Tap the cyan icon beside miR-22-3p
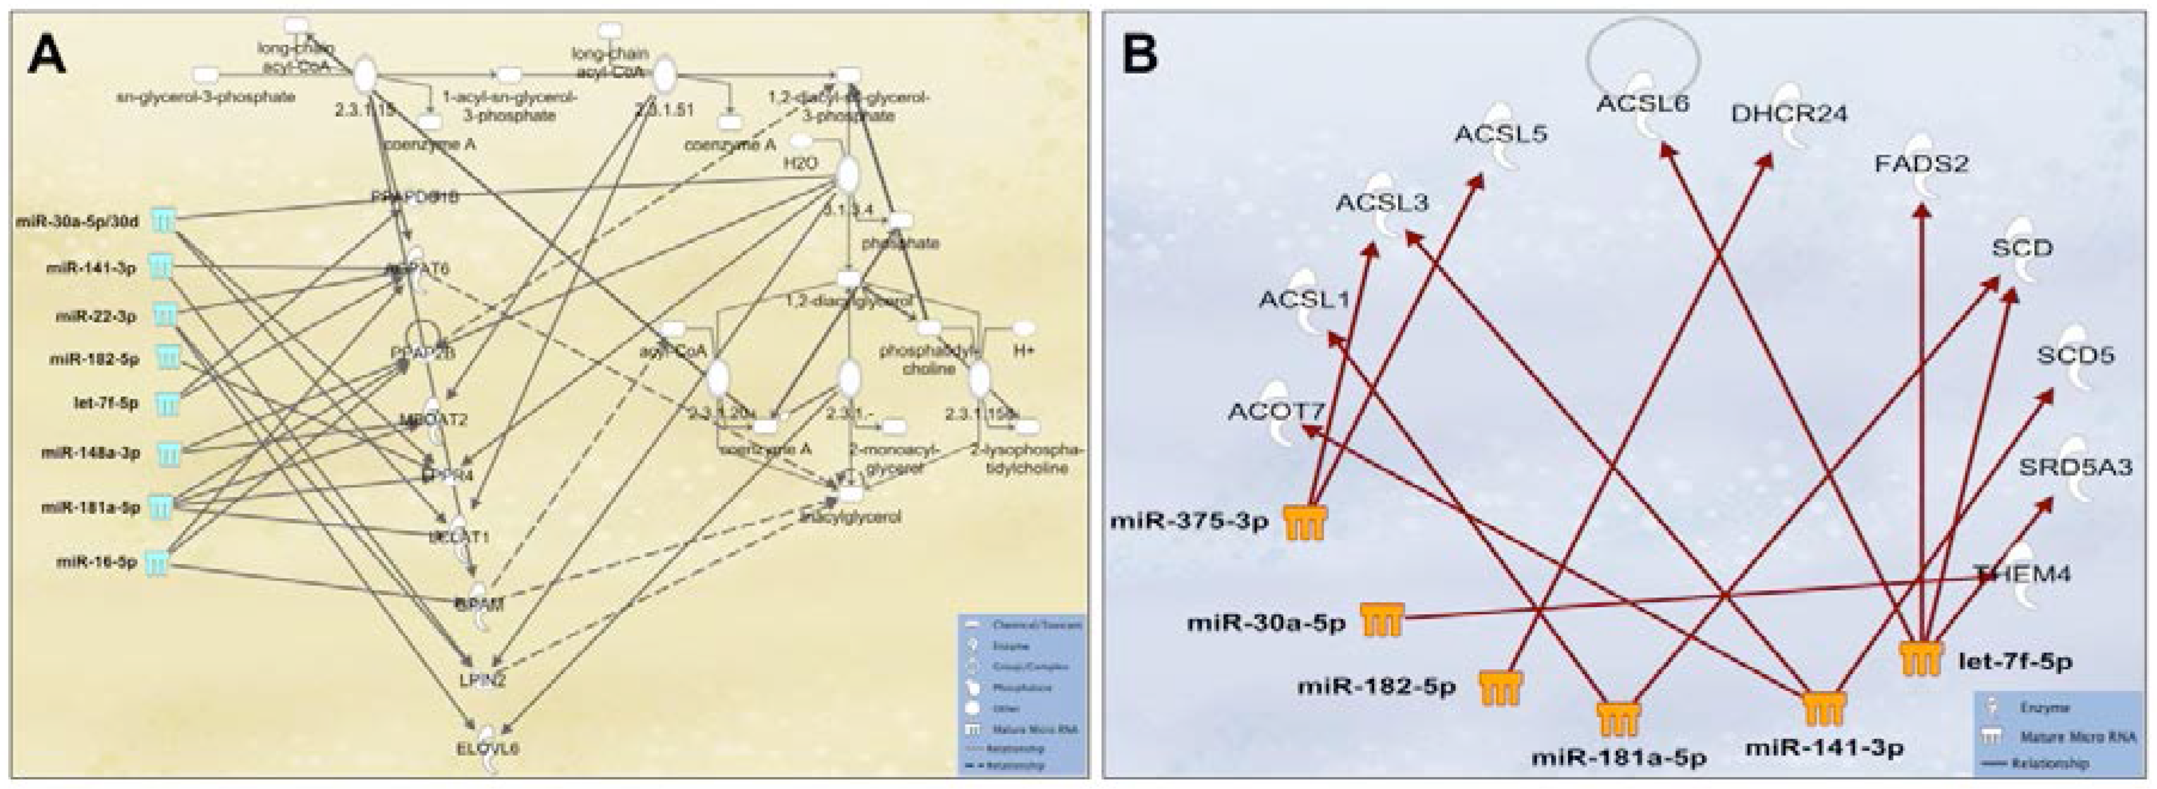pos(166,315)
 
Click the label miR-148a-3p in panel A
pos(91,453)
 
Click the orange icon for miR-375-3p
pos(1305,523)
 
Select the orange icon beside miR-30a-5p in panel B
pos(1381,621)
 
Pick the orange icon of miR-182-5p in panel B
pos(1500,688)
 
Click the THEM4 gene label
pos(2022,575)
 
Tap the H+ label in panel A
pos(1024,352)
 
